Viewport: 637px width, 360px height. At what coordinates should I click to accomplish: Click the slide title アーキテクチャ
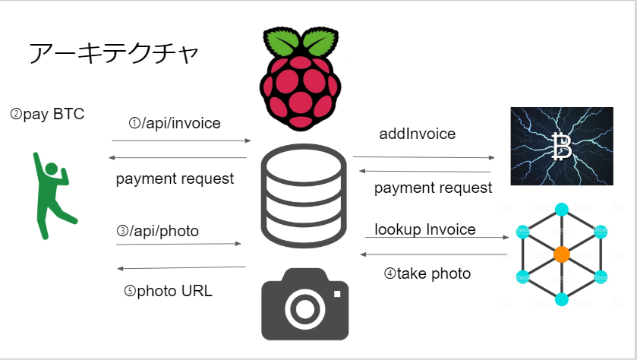(x=114, y=53)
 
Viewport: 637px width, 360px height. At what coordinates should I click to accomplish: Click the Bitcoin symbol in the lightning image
(x=562, y=147)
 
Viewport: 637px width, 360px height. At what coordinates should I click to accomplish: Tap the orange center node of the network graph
(x=561, y=254)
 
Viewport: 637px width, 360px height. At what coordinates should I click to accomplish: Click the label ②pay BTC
(x=47, y=115)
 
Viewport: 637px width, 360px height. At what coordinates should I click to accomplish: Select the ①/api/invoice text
(x=175, y=123)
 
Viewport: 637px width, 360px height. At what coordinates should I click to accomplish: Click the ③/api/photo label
(x=158, y=231)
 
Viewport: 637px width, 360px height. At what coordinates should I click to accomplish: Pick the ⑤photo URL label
(x=169, y=291)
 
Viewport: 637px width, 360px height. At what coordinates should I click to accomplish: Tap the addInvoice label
(x=418, y=134)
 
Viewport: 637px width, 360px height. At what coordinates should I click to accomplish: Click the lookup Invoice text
(x=425, y=229)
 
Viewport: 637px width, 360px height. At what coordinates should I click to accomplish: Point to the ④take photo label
(x=427, y=273)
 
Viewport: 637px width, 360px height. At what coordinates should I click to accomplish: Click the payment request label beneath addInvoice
(x=433, y=188)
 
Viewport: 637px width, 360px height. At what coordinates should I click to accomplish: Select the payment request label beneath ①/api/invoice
(x=175, y=179)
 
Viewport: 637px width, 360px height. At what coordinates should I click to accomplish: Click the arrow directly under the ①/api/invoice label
(x=181, y=141)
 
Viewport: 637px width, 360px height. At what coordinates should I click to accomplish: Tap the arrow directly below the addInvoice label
(x=424, y=157)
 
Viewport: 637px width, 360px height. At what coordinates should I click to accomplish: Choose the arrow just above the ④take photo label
(x=435, y=254)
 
